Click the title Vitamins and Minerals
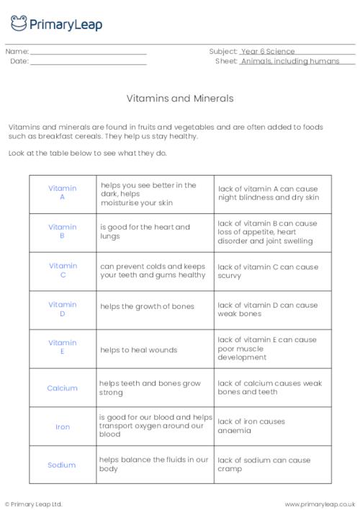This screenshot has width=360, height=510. (179, 97)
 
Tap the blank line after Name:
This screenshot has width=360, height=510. (89, 53)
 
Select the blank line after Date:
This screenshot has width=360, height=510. (89, 63)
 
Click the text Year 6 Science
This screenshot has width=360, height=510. (269, 52)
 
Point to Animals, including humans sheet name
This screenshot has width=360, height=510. (298, 62)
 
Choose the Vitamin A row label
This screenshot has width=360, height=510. (62, 192)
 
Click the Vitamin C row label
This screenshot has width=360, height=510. (62, 270)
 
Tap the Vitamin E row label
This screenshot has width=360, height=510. (62, 347)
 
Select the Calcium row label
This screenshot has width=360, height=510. (62, 388)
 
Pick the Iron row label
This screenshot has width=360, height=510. (63, 426)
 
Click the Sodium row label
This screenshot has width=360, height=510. (62, 465)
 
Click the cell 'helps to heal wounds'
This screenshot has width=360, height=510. (138, 350)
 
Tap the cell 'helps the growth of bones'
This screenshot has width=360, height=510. (147, 306)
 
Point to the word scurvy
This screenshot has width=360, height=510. (229, 274)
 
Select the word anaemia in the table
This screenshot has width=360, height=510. (234, 431)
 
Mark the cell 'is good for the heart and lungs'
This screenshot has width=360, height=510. (145, 231)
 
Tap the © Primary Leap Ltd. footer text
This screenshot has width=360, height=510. (34, 504)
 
